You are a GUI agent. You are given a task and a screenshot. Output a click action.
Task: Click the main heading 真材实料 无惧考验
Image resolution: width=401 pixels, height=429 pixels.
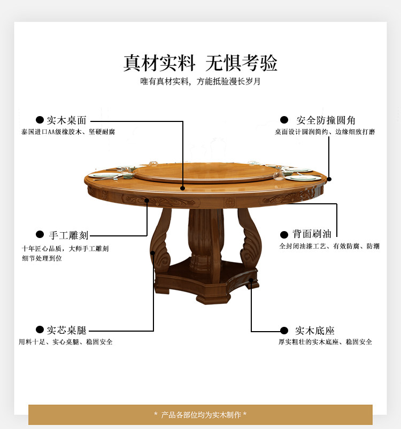tap(200, 63)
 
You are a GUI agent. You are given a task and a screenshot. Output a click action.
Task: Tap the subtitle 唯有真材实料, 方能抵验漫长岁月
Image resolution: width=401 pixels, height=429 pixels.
tap(200, 82)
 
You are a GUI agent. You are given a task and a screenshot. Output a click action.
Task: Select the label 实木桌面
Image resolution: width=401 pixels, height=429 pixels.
tap(66, 120)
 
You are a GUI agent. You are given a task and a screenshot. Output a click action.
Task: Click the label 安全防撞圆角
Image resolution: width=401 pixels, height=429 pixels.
tap(326, 120)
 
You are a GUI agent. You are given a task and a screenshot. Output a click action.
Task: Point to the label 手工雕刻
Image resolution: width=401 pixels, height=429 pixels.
tap(68, 235)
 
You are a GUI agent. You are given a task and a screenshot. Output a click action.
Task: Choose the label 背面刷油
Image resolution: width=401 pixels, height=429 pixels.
tap(312, 234)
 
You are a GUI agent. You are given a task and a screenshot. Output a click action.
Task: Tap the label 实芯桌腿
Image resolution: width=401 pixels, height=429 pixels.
tap(66, 330)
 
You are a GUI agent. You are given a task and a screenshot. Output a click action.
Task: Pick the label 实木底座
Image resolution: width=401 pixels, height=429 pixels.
tap(315, 331)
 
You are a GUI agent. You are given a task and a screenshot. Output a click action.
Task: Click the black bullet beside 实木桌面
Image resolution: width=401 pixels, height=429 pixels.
tap(40, 120)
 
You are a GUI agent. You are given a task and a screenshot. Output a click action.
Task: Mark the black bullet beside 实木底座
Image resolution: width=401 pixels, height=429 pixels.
tap(284, 331)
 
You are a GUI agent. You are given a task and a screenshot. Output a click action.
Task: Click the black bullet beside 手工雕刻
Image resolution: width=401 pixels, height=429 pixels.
tap(40, 235)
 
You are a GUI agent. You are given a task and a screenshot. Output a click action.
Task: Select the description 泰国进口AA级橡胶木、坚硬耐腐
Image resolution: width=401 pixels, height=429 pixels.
tap(68, 132)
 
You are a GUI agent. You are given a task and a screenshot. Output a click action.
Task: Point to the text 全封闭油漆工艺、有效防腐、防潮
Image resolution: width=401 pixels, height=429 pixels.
tap(329, 246)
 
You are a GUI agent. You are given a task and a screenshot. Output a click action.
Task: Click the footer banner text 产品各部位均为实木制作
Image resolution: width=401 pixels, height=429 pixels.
tap(200, 415)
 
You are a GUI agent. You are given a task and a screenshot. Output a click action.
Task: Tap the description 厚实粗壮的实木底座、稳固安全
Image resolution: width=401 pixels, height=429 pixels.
tap(325, 342)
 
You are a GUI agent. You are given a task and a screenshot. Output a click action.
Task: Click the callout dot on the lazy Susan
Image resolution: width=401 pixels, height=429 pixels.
tap(183, 188)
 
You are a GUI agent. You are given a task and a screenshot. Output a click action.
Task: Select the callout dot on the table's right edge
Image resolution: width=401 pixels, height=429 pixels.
tap(329, 179)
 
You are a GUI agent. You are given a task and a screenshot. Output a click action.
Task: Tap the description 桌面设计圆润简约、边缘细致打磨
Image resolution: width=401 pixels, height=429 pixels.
tap(325, 132)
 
